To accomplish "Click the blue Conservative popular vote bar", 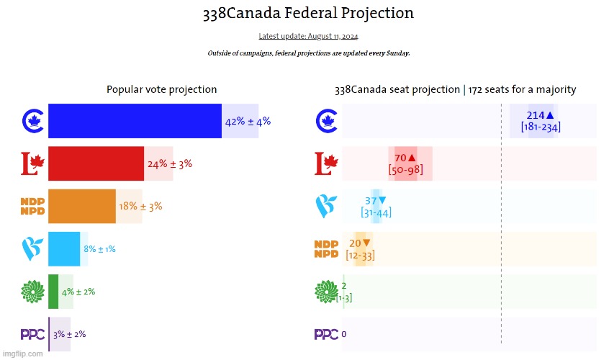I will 135,121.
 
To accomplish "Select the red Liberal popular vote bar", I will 96,163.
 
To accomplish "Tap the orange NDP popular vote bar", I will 81,206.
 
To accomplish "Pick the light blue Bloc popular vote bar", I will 64,248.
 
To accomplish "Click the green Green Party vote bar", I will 53,291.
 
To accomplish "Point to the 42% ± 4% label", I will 248,122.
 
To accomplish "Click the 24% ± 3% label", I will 170,164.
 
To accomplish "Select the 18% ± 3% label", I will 140,207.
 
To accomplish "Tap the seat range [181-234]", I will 541,127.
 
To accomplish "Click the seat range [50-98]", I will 405,170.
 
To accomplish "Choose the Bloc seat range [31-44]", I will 376,212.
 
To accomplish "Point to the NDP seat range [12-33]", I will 360,255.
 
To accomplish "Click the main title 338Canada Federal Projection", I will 308,13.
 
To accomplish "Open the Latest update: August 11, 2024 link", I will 308,36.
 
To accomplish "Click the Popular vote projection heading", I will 162,89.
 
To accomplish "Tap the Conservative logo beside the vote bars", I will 32,121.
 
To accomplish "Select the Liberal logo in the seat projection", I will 326,163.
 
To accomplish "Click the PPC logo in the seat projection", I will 326,334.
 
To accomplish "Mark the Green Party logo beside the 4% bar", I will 32,291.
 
